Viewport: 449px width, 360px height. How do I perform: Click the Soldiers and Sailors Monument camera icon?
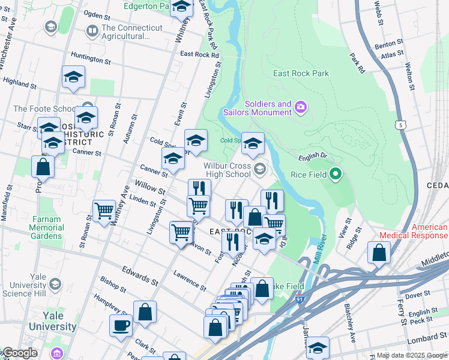301,107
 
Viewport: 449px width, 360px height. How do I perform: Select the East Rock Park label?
301,74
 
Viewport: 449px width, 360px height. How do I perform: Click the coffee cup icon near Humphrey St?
121,325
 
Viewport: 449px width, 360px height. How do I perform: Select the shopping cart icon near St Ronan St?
104,211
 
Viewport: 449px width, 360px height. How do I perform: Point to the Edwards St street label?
140,275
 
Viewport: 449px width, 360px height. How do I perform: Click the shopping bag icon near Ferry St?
379,253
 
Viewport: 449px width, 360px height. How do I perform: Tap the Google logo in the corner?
19,353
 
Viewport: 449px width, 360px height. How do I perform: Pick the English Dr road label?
312,157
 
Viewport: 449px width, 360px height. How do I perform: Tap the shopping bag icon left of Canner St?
43,167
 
